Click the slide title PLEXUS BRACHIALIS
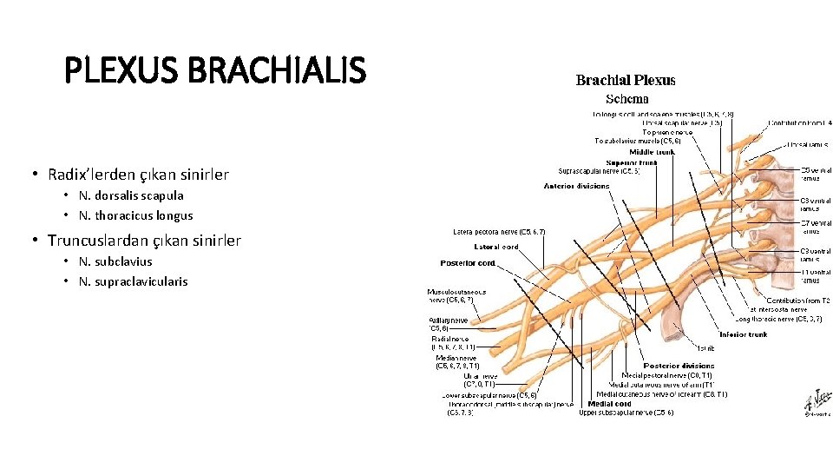tap(215, 71)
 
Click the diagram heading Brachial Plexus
tap(626, 81)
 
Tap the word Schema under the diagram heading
tap(626, 99)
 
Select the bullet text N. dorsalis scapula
tap(131, 195)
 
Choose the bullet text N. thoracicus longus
tap(135, 215)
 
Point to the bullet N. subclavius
tap(115, 261)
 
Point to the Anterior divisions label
tap(576, 186)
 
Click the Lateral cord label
tap(498, 247)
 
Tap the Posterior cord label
tap(467, 263)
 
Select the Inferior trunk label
tap(743, 334)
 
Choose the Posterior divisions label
tap(679, 366)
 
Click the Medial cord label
tap(610, 404)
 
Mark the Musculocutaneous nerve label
tap(456, 296)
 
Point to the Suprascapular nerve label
tap(600, 171)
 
